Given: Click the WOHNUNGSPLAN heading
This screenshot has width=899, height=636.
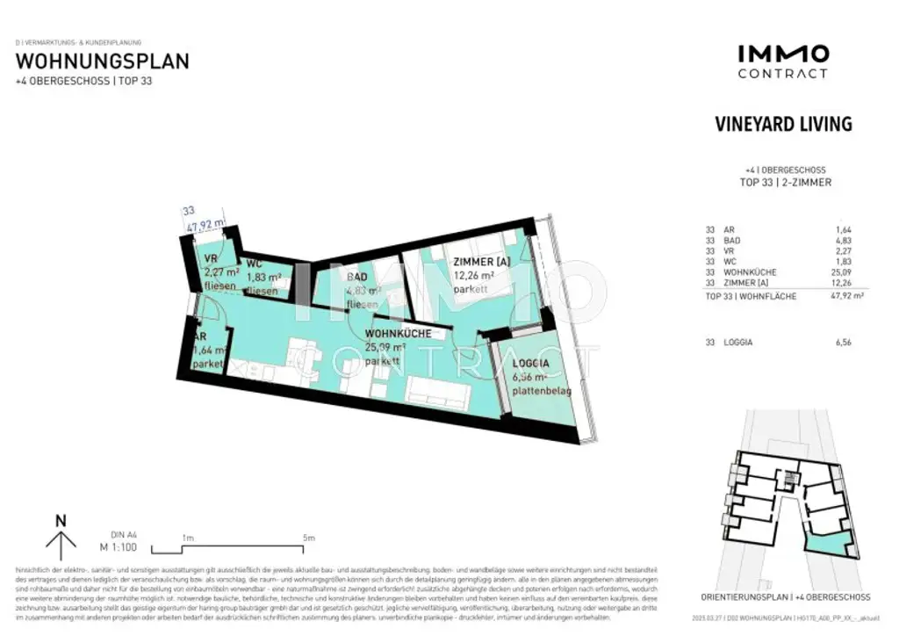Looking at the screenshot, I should [103, 61].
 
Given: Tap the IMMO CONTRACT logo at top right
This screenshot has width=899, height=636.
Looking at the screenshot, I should [782, 61].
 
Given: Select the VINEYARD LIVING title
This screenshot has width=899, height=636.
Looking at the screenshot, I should [783, 124].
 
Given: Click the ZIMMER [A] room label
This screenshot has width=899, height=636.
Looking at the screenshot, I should [481, 263].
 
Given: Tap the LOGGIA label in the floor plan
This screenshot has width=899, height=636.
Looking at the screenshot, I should [531, 363].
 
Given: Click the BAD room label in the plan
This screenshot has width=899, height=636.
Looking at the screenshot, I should [356, 278].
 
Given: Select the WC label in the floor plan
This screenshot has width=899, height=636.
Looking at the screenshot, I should [255, 264].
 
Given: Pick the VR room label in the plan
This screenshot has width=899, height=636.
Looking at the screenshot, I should [211, 258].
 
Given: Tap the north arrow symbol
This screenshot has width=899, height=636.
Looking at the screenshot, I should [61, 537].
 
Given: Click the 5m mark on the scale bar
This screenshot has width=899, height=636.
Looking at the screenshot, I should [307, 538].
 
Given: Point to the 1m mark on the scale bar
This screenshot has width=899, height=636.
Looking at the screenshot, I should [187, 538].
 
